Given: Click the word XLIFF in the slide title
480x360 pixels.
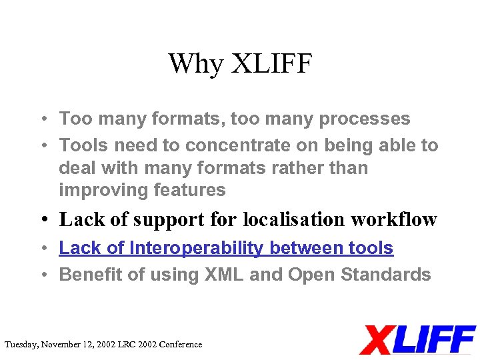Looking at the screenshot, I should point(272,64).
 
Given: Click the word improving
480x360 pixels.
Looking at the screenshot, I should point(103,190).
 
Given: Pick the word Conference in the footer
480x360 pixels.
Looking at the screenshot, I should point(179,345).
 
